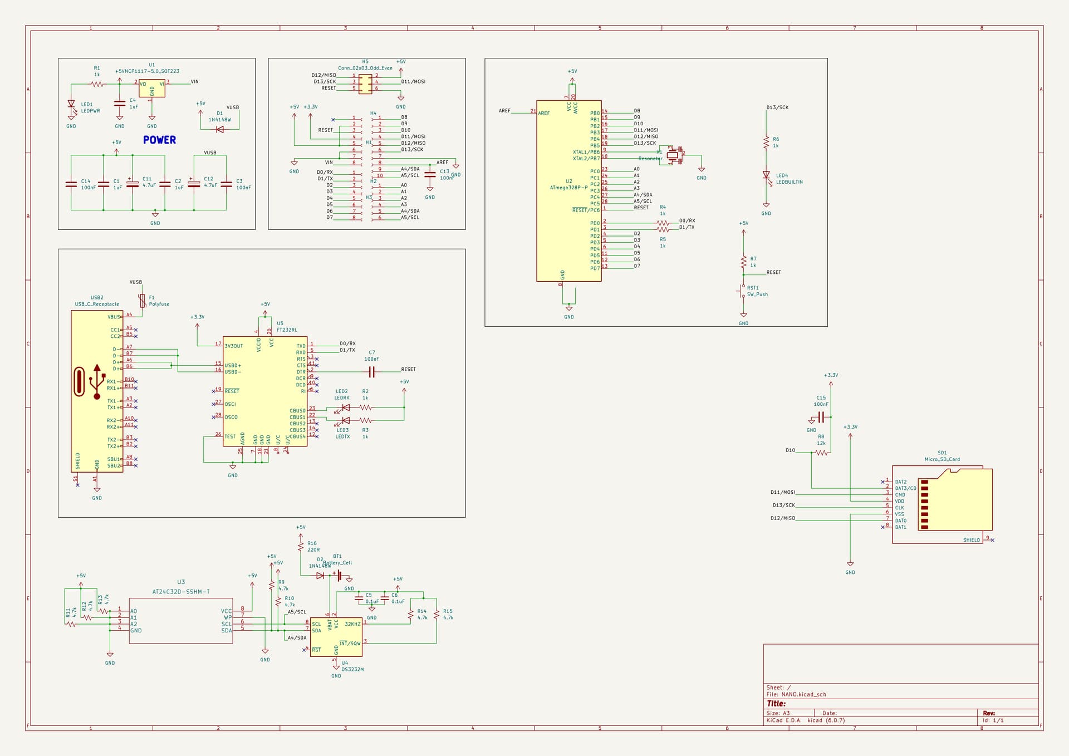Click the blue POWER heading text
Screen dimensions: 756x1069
pyautogui.click(x=159, y=140)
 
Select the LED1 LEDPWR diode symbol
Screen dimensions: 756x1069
pyautogui.click(x=71, y=104)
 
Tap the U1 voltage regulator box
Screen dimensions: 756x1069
pyautogui.click(x=152, y=88)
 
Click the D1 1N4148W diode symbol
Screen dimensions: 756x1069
pyautogui.click(x=219, y=129)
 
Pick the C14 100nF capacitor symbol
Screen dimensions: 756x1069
pyautogui.click(x=71, y=184)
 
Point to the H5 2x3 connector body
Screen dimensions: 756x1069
pyautogui.click(x=365, y=84)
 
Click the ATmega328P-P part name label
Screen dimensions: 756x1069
pyautogui.click(x=568, y=188)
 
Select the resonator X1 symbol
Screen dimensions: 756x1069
pyautogui.click(x=673, y=155)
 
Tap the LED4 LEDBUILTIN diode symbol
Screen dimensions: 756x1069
pyautogui.click(x=766, y=175)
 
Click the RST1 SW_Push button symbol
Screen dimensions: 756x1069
pyautogui.click(x=742, y=291)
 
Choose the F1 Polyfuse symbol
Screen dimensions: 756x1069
pyautogui.click(x=143, y=301)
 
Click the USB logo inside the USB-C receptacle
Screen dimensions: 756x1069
pyautogui.click(x=97, y=381)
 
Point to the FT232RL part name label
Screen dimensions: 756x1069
pyautogui.click(x=287, y=330)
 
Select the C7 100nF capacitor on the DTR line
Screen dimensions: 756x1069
pyautogui.click(x=372, y=372)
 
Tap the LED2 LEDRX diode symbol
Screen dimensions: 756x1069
pyautogui.click(x=345, y=408)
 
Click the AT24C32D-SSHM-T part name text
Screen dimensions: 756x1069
pyautogui.click(x=181, y=592)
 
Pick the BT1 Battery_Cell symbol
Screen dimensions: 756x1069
pyautogui.click(x=338, y=575)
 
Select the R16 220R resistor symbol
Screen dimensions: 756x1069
pyautogui.click(x=301, y=547)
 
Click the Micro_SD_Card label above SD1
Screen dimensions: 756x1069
pyautogui.click(x=942, y=459)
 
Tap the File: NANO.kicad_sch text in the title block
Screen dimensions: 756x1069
pyautogui.click(x=796, y=694)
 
